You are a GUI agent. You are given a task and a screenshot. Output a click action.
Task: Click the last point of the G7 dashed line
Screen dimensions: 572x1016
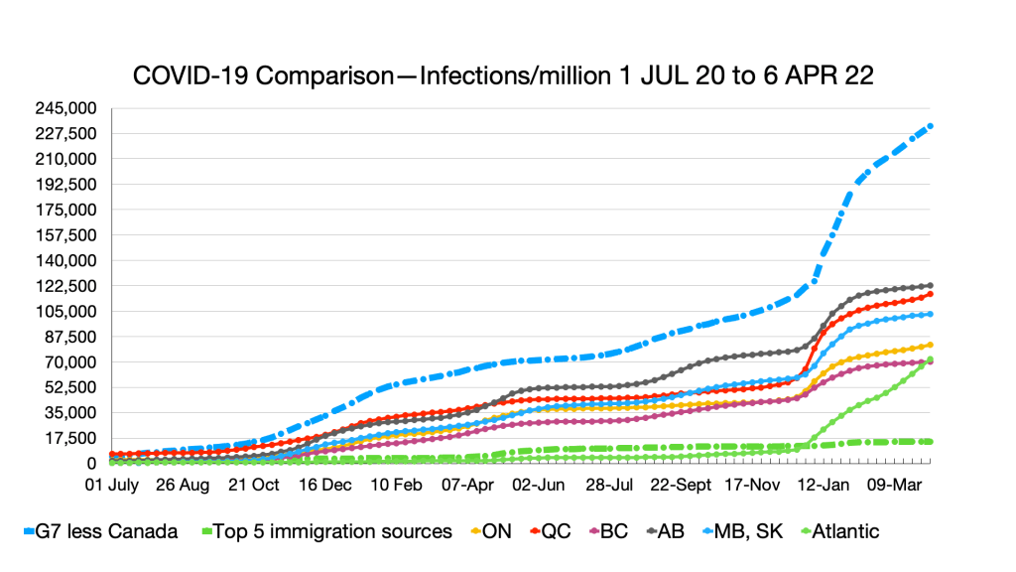point(930,126)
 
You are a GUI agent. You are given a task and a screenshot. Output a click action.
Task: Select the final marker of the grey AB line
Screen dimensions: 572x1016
point(930,285)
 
